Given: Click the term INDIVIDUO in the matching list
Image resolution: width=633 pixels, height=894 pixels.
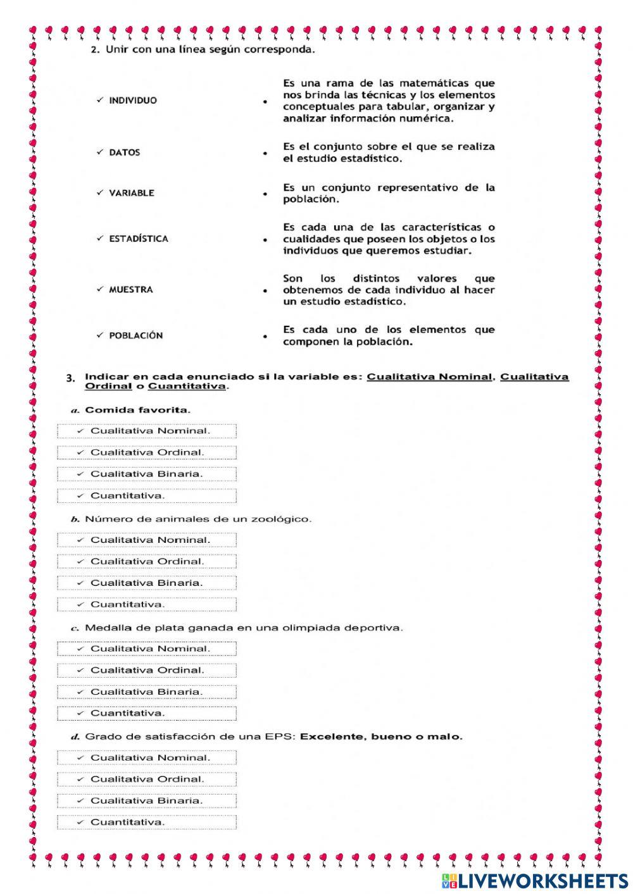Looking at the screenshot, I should click(x=133, y=101).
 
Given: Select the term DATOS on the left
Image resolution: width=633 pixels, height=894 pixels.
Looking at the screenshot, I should click(x=125, y=152).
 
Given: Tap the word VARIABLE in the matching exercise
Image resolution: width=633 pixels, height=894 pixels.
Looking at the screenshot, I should click(x=131, y=193).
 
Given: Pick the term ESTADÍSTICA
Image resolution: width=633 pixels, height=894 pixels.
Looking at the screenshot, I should click(x=139, y=239).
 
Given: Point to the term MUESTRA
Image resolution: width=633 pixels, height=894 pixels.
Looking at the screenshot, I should click(x=131, y=290).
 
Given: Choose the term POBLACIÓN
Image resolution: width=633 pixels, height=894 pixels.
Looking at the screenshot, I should click(x=135, y=336).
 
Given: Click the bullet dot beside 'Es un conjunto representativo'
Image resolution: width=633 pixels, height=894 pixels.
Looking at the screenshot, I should click(x=265, y=194).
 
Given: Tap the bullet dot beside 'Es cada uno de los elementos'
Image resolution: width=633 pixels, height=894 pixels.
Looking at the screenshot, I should click(x=265, y=337).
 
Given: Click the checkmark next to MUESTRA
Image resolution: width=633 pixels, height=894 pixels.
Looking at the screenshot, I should click(x=100, y=289).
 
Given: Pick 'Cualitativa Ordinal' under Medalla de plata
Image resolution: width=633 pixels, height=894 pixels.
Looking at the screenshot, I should click(x=147, y=670).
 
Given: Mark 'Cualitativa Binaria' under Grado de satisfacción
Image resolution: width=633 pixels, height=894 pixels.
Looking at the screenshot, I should click(x=147, y=800).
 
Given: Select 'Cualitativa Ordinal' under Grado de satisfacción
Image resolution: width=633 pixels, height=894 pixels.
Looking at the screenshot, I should click(x=147, y=779).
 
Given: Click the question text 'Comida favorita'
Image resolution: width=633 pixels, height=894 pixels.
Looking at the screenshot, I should click(x=137, y=410).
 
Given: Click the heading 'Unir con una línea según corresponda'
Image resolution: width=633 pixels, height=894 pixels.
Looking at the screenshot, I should click(x=210, y=50).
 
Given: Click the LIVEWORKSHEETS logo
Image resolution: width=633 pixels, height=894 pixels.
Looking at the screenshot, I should click(x=535, y=880).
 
